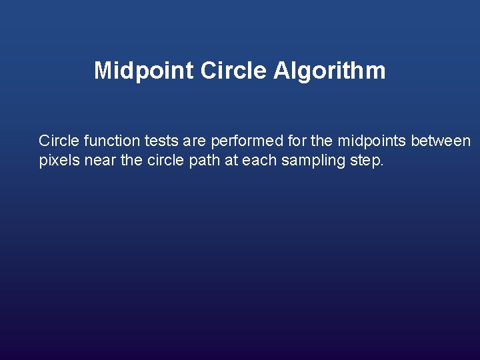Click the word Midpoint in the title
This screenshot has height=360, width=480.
click(143, 71)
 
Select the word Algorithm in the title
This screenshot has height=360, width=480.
click(329, 71)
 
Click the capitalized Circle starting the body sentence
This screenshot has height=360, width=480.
click(59, 141)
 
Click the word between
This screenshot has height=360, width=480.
click(441, 141)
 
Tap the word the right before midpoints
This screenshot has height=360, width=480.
click(323, 141)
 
